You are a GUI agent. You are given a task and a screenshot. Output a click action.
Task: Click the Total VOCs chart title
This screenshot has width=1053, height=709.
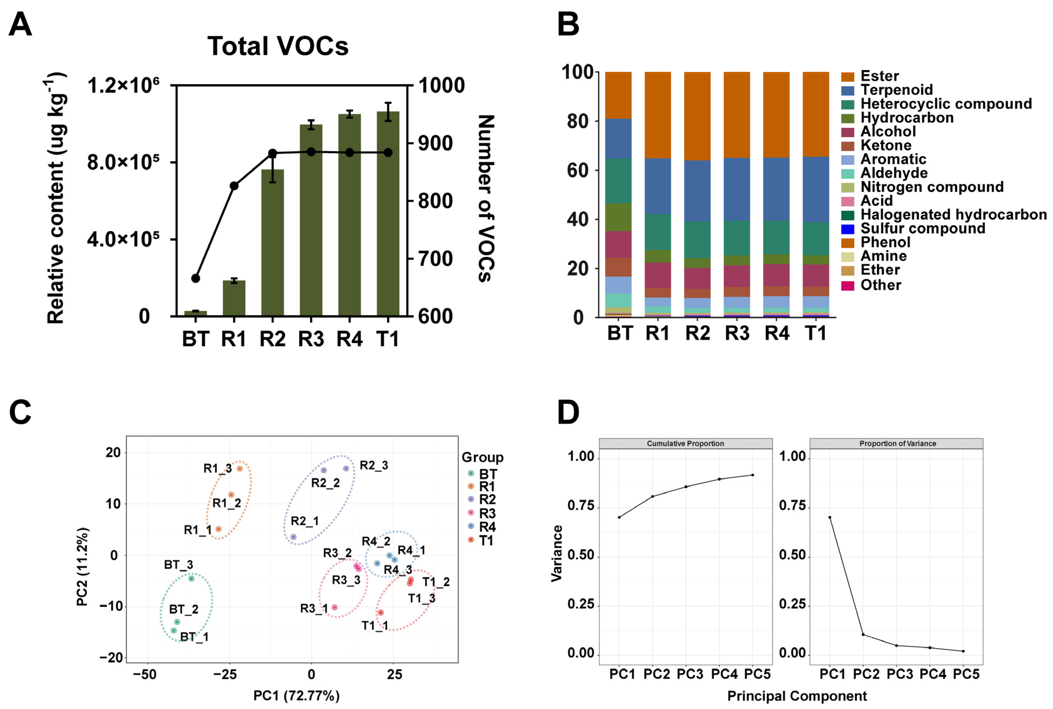click(x=278, y=46)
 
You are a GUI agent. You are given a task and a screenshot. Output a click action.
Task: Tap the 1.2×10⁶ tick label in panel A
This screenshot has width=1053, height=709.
click(x=123, y=86)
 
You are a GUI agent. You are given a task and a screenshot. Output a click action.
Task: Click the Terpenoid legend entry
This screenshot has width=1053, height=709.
click(x=896, y=90)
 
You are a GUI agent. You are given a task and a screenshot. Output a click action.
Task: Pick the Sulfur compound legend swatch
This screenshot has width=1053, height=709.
click(x=847, y=229)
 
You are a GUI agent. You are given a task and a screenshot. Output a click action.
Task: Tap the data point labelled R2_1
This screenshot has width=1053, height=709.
click(x=293, y=537)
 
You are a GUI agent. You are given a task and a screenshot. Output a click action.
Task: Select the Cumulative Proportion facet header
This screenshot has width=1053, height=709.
click(x=685, y=443)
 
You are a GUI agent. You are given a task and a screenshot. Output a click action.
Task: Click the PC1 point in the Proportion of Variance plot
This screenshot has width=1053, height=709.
click(x=830, y=517)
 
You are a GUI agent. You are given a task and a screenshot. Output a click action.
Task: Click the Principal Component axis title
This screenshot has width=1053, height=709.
click(x=797, y=696)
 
